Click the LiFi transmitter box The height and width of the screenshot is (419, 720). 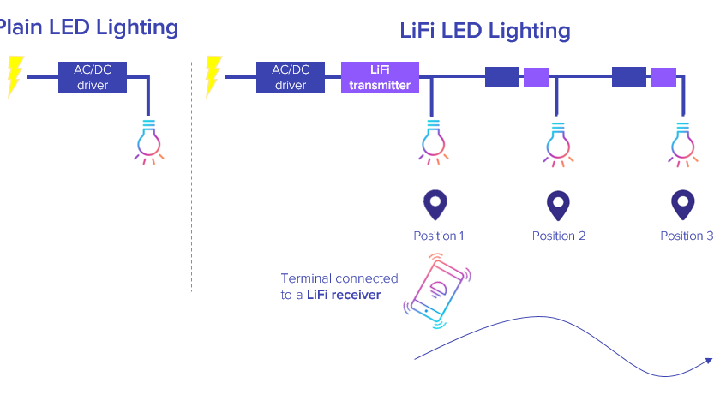[380, 77]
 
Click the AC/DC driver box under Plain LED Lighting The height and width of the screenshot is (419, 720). [93, 77]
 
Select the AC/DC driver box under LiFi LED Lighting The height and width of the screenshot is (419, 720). [291, 77]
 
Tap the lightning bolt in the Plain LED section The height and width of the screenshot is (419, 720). [14, 75]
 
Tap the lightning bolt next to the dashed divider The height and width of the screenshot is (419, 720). [213, 75]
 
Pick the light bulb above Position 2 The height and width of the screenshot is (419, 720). [558, 141]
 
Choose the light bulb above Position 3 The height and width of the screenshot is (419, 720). [682, 141]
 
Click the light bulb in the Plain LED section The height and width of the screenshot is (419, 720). [149, 141]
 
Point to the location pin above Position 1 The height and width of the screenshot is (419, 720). [435, 205]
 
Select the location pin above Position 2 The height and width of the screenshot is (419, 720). [559, 205]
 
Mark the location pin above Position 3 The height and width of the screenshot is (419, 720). [682, 205]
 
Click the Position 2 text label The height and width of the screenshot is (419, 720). [559, 236]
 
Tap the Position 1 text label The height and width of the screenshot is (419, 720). [439, 236]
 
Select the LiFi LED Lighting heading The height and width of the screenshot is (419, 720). [485, 31]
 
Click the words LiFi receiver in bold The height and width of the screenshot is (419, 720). [344, 295]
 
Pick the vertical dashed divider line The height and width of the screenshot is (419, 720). [191, 171]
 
